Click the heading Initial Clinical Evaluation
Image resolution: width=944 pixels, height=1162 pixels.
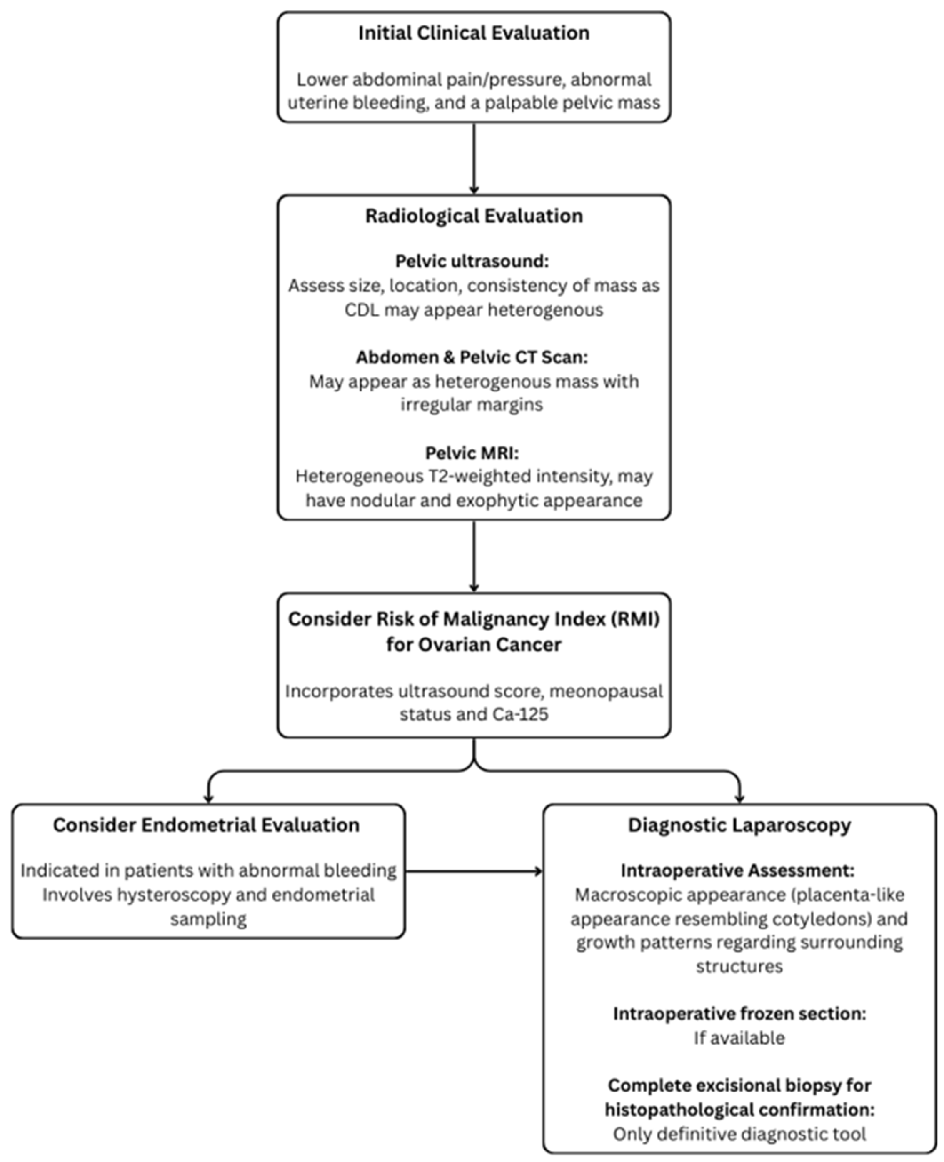[474, 33]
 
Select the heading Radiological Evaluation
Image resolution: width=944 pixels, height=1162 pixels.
[474, 216]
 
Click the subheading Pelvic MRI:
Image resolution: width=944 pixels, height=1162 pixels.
[472, 453]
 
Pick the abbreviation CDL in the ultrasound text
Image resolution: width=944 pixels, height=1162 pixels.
[362, 310]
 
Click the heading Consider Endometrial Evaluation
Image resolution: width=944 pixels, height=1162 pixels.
[206, 825]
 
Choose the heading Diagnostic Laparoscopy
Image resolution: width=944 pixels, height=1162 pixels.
[739, 825]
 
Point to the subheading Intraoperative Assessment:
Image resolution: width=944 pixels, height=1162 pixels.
[738, 870]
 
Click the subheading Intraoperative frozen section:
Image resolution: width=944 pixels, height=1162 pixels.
[739, 1014]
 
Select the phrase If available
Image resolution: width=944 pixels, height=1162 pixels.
[739, 1037]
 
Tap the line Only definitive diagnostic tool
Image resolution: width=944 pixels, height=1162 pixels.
[739, 1134]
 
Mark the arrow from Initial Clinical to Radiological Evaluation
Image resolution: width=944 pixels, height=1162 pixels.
[474, 157]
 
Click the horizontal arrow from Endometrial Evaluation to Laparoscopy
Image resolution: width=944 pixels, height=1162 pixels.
[474, 871]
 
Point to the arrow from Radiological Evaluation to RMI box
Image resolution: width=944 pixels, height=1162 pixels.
[474, 556]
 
